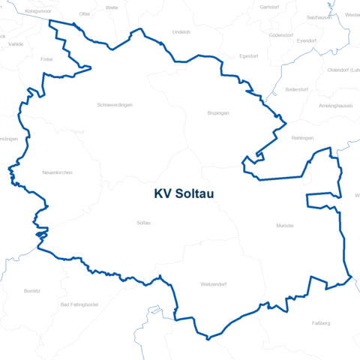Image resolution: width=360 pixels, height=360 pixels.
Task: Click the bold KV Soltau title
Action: (x=184, y=193)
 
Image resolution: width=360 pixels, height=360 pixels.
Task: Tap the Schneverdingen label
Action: (x=115, y=105)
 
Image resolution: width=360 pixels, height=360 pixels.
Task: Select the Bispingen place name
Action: (x=218, y=113)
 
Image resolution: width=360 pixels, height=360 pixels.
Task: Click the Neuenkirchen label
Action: (x=58, y=173)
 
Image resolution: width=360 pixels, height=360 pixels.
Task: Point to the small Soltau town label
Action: (x=144, y=223)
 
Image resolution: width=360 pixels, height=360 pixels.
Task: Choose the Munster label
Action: (x=285, y=225)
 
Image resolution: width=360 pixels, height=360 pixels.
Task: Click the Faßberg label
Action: (x=320, y=323)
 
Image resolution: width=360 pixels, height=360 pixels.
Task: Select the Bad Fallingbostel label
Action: (x=79, y=304)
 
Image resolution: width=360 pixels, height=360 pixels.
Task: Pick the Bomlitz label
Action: (x=32, y=289)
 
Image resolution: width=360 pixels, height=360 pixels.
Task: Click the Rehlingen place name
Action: (x=302, y=138)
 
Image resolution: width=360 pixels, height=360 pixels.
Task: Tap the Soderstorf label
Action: (x=297, y=90)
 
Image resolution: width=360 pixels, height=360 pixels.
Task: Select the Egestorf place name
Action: (x=248, y=56)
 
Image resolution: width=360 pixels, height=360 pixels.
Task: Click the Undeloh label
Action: (x=181, y=32)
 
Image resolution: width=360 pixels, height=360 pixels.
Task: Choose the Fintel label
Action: (x=46, y=58)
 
